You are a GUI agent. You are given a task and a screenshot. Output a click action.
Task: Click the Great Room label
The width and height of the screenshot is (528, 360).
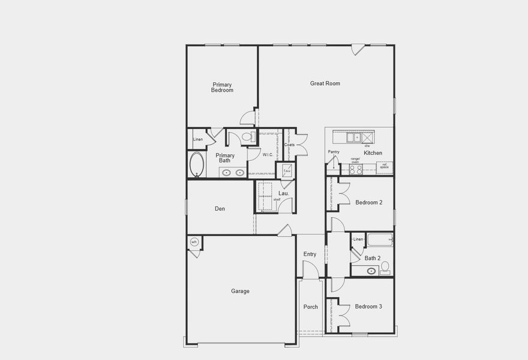click(325, 83)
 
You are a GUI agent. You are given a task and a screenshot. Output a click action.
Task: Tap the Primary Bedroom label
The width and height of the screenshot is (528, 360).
click(222, 87)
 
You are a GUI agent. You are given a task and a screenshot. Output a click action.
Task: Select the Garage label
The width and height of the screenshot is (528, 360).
click(240, 291)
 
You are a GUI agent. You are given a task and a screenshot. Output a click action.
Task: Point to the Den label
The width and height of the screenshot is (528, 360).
click(220, 209)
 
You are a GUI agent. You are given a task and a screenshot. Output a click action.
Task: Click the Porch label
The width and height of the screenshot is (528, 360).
click(310, 307)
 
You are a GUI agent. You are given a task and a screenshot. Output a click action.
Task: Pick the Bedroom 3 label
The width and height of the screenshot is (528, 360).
click(368, 307)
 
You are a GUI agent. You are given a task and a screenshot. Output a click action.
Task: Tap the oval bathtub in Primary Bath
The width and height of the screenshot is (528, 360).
click(196, 164)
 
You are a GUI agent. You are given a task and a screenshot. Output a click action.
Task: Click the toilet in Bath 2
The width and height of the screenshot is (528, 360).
click(385, 266)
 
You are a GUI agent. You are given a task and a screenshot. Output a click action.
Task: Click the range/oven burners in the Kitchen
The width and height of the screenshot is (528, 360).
click(356, 169)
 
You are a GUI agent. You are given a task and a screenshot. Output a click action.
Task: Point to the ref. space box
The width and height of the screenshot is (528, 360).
click(385, 167)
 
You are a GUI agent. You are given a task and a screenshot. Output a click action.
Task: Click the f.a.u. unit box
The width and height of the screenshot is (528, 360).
click(287, 170)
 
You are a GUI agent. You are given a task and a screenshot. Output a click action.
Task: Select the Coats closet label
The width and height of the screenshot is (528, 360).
click(290, 145)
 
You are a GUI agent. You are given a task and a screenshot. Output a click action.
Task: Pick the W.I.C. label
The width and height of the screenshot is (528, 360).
click(268, 154)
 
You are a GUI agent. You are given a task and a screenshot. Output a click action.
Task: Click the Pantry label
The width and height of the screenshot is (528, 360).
click(334, 152)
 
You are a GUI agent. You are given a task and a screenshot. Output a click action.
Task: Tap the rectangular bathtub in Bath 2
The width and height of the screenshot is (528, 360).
click(380, 240)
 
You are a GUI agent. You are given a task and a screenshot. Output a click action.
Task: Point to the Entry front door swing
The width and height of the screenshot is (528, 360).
click(310, 270)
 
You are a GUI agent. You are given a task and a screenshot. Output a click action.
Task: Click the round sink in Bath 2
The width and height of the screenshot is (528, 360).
click(371, 271)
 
